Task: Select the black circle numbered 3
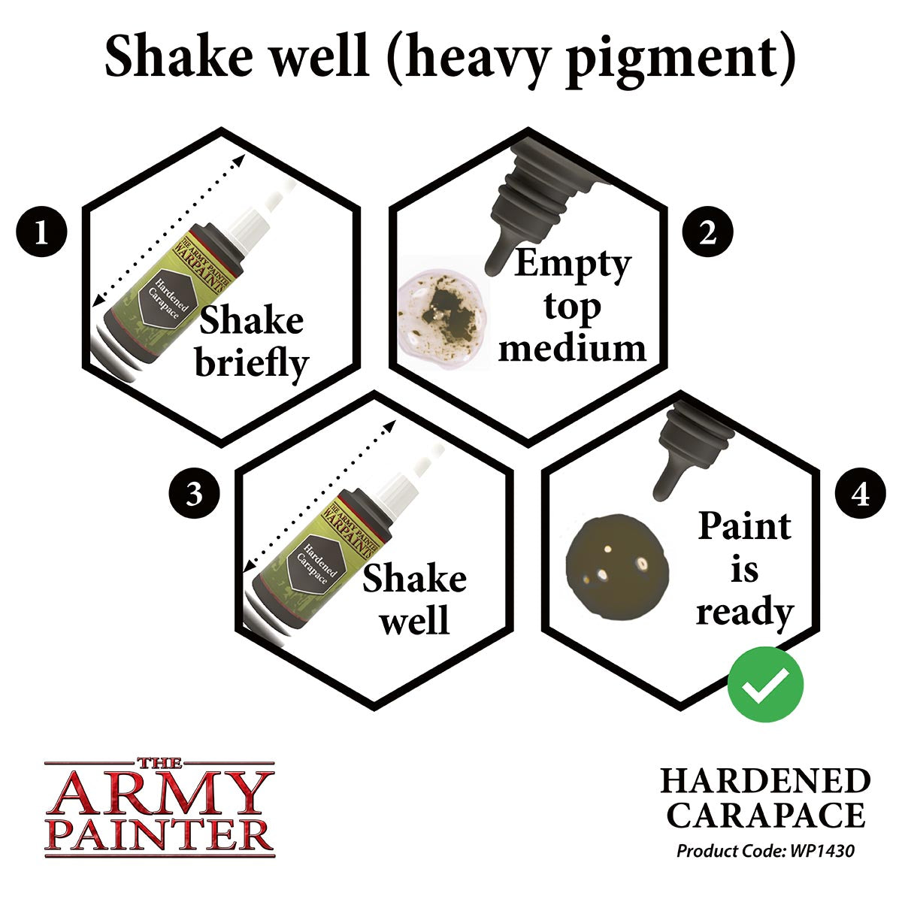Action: pyautogui.click(x=195, y=495)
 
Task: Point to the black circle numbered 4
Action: pyautogui.click(x=861, y=495)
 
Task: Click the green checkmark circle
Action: pyautogui.click(x=765, y=685)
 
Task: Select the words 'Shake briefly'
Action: pyautogui.click(x=251, y=342)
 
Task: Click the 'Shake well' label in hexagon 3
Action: pyautogui.click(x=414, y=600)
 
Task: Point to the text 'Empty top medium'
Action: pyautogui.click(x=571, y=306)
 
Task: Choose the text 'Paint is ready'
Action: pyautogui.click(x=744, y=568)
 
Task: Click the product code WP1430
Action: pyautogui.click(x=765, y=852)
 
